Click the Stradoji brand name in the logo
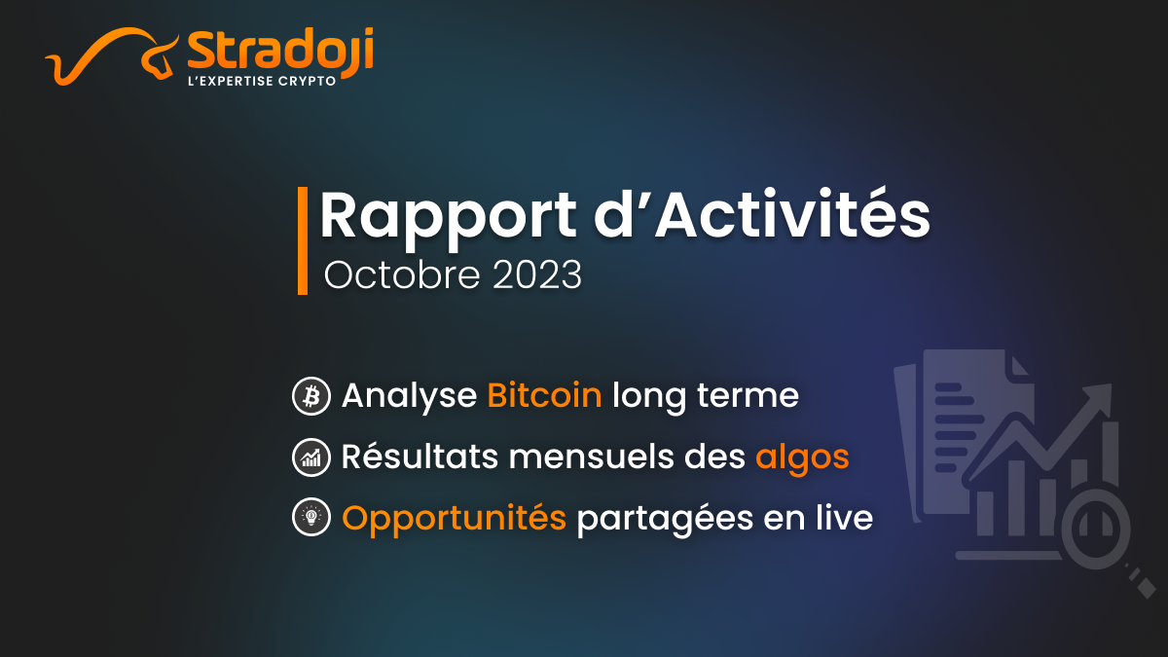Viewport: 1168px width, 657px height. click(x=280, y=51)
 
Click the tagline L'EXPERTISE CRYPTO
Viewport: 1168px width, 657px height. click(x=261, y=82)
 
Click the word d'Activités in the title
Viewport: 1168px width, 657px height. click(x=762, y=214)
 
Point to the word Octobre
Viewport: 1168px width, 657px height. click(x=401, y=274)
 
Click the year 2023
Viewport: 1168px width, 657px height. click(x=537, y=274)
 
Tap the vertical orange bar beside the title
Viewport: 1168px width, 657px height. click(x=303, y=241)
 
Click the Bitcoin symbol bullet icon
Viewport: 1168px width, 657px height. click(x=311, y=396)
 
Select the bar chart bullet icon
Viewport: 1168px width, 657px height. click(x=311, y=457)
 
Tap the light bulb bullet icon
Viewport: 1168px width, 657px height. click(x=311, y=517)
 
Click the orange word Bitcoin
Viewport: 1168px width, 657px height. click(x=544, y=395)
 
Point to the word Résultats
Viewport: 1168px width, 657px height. click(x=420, y=456)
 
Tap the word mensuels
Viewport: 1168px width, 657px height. click(x=591, y=457)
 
